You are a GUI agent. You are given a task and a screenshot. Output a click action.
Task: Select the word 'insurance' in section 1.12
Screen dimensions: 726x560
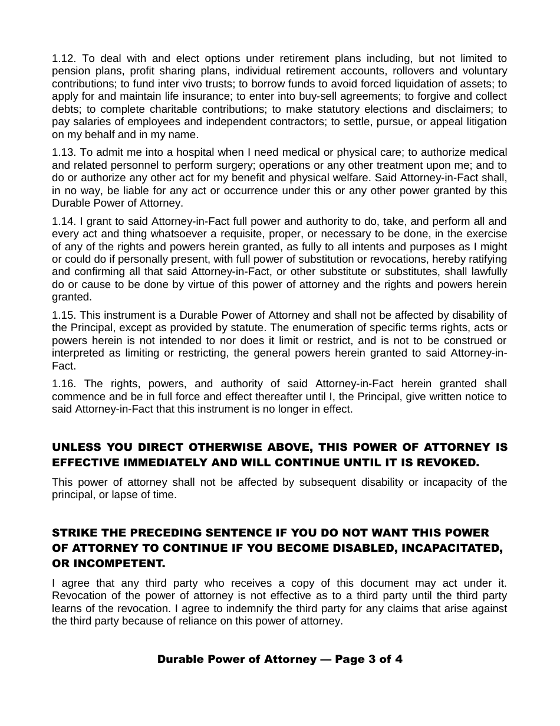[210, 96]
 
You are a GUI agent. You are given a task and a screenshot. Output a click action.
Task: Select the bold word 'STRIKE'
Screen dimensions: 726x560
[74, 533]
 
